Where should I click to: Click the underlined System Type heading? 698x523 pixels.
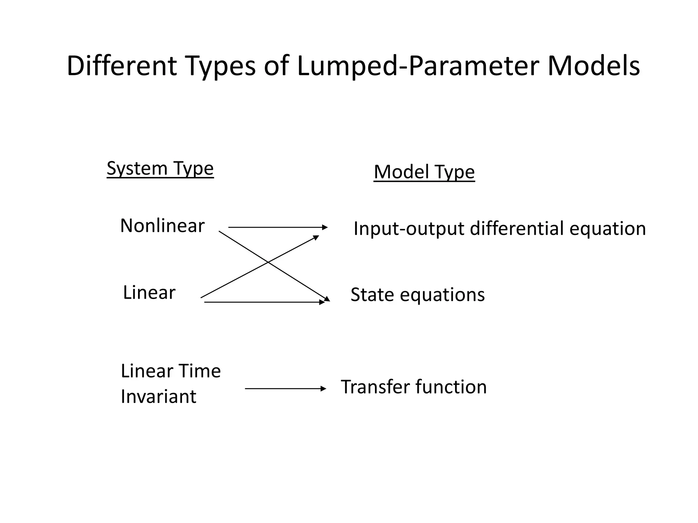tap(160, 168)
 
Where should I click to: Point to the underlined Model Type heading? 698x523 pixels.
tap(424, 172)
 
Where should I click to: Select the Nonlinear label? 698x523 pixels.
tap(162, 225)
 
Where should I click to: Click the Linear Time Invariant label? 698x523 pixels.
tap(170, 383)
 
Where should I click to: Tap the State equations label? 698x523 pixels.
tap(418, 295)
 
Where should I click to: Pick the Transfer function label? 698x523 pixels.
tap(414, 387)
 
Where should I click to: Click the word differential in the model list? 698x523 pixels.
tap(517, 228)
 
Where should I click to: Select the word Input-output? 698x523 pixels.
tap(409, 229)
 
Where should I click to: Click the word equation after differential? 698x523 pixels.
tap(608, 229)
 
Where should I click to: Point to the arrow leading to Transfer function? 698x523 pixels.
tap(285, 389)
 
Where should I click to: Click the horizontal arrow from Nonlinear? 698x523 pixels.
tap(277, 227)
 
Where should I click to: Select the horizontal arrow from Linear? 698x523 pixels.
tap(264, 302)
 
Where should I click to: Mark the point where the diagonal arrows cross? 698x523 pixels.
tap(269, 263)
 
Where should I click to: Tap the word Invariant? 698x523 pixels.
tap(158, 396)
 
